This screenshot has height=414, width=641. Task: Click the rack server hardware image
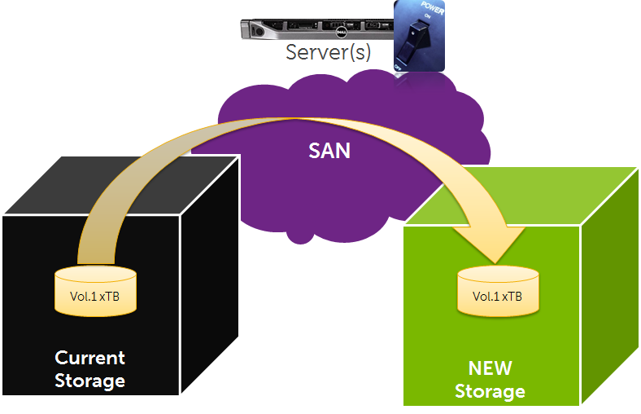pos(316,29)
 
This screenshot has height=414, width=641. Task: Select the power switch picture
pos(419,36)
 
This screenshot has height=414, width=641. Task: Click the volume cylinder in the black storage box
pos(95,290)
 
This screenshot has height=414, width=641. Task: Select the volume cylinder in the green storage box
pos(497,291)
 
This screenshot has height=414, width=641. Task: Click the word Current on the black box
pos(89,358)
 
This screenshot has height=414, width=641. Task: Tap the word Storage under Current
pos(89,380)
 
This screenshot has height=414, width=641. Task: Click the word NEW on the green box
pos(491,368)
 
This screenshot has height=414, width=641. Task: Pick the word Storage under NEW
pos(491,391)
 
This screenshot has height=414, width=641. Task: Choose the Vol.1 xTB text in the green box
pos(497,297)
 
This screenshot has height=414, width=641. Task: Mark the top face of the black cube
pos(122,183)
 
